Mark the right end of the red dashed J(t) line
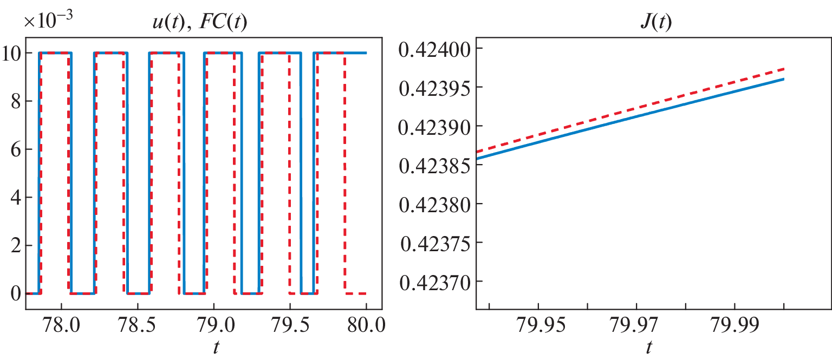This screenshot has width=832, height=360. (x=784, y=69)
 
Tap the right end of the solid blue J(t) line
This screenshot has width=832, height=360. (x=784, y=79)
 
